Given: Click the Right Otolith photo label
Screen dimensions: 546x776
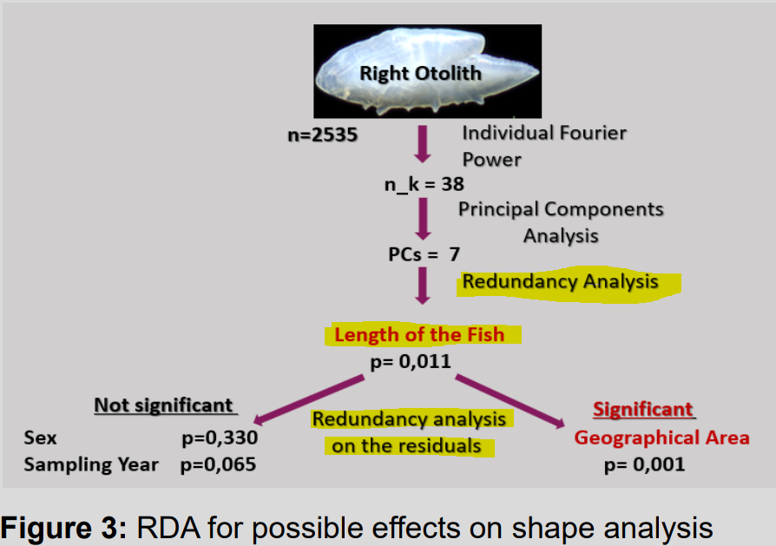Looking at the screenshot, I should (x=420, y=72).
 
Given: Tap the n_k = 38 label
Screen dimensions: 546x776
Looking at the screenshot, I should (x=424, y=184).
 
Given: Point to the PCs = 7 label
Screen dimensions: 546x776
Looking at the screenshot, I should (x=424, y=254).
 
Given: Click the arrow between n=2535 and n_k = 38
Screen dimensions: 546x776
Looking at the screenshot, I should (x=423, y=144).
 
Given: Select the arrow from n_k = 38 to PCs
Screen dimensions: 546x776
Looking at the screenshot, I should (x=423, y=218).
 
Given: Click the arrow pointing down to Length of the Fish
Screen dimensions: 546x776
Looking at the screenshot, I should (x=423, y=286).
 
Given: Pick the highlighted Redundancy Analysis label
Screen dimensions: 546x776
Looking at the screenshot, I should (x=560, y=282).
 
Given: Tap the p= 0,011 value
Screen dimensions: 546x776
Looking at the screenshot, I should (x=411, y=360).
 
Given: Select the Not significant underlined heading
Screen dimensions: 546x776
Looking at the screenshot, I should (x=164, y=405).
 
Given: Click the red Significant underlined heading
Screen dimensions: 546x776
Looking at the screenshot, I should (x=643, y=409).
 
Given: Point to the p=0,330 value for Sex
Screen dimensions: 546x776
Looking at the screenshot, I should (x=220, y=437).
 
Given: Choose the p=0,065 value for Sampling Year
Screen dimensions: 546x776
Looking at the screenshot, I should (x=218, y=464).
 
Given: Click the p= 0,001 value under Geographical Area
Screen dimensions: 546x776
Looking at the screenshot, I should (x=644, y=464).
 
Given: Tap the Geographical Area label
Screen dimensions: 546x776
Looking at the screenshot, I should (x=661, y=437).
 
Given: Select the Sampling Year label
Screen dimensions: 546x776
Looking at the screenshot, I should (x=91, y=464).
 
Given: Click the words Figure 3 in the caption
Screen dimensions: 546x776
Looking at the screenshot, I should (x=62, y=527).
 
